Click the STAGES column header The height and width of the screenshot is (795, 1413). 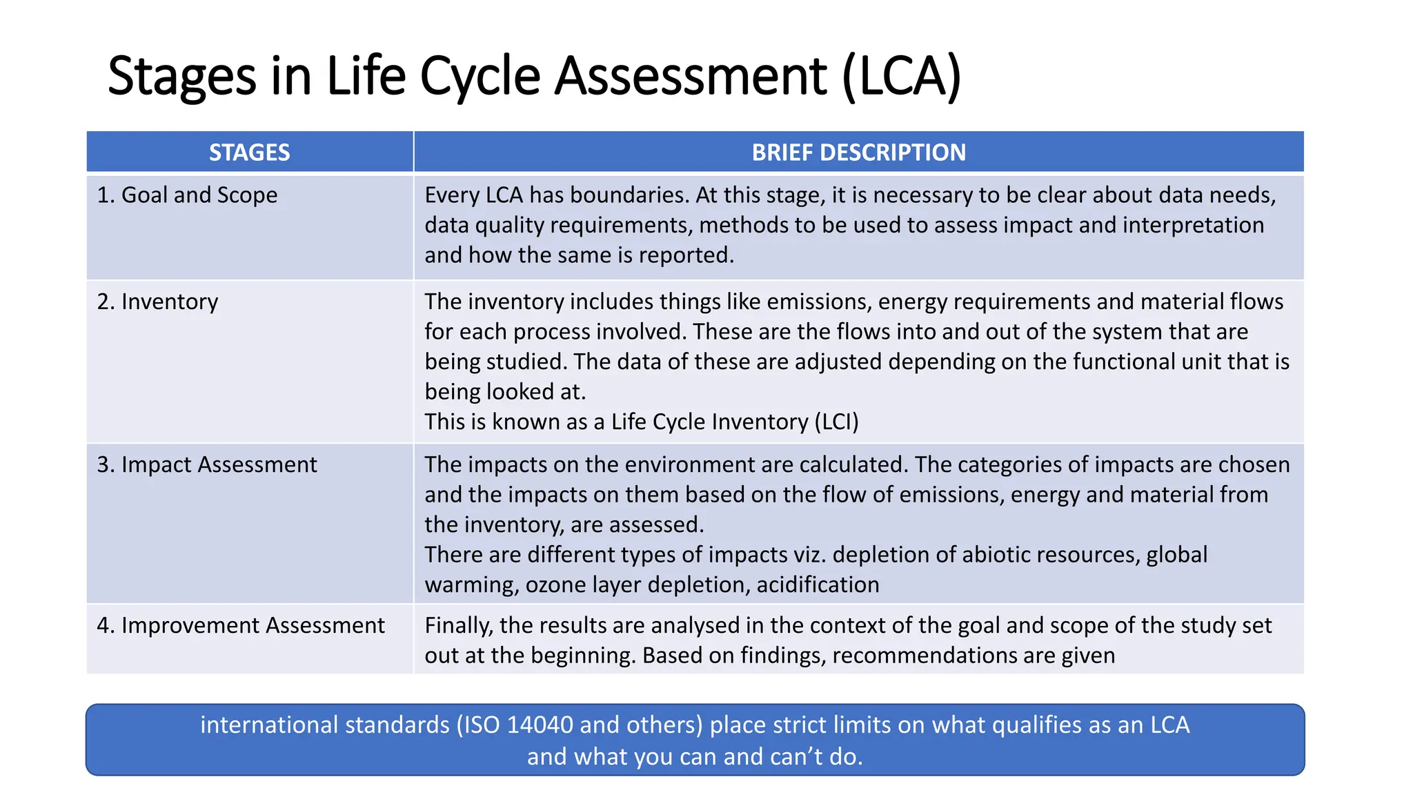coord(249,153)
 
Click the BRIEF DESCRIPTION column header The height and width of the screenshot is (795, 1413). coord(858,153)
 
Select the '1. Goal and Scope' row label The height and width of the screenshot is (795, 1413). coord(187,195)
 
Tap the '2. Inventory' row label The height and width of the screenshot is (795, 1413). coord(157,302)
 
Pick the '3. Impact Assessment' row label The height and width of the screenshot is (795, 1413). coord(207,464)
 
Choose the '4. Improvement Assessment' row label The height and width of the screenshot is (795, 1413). coord(241,625)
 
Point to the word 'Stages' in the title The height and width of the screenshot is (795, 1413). coord(181,76)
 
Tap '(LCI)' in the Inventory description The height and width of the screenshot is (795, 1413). coord(836,422)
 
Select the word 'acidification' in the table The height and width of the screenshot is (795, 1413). coord(818,585)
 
